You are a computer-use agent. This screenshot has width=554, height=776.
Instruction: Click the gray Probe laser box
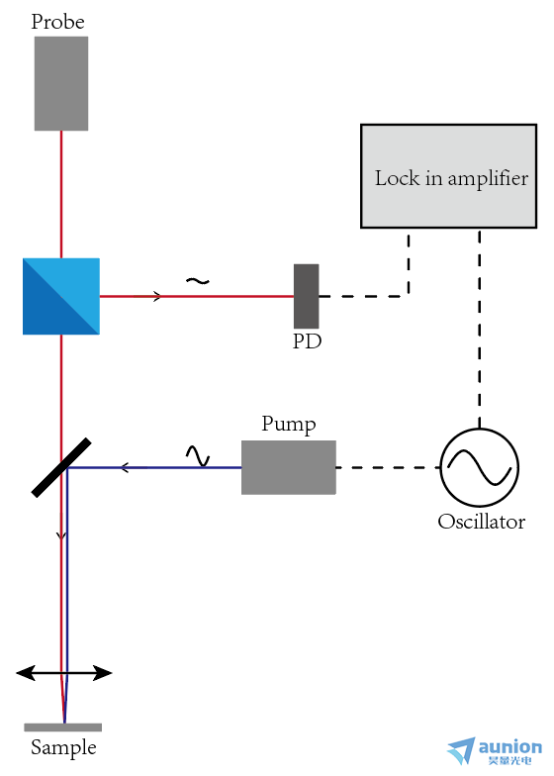tap(61, 83)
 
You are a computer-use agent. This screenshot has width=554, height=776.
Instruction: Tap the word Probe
tap(57, 22)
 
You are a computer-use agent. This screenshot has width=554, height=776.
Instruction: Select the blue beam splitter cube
tap(61, 297)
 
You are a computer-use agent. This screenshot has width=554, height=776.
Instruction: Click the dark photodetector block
tap(307, 296)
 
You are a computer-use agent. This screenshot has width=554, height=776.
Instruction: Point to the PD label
tap(307, 341)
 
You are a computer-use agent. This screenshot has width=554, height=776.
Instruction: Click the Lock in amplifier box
tap(449, 176)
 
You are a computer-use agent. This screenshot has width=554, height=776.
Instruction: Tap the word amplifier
tap(488, 179)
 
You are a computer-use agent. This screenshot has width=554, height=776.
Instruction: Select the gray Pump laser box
tap(289, 467)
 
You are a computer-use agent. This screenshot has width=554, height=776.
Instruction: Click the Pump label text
tap(289, 425)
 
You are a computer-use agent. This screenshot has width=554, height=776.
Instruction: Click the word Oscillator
tap(481, 522)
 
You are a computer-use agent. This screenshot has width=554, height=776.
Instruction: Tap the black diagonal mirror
tap(61, 467)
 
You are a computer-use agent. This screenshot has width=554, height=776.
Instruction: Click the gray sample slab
tap(63, 727)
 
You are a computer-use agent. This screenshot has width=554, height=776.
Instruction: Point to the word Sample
tap(63, 748)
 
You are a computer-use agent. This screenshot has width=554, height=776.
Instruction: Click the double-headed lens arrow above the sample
tap(63, 673)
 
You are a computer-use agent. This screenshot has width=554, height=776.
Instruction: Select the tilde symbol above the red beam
tap(198, 281)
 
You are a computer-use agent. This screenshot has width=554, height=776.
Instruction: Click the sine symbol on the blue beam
tap(198, 455)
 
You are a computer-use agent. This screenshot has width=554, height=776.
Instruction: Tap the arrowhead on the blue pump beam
tap(125, 467)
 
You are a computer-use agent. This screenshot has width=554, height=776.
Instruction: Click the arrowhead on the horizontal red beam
tap(156, 297)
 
